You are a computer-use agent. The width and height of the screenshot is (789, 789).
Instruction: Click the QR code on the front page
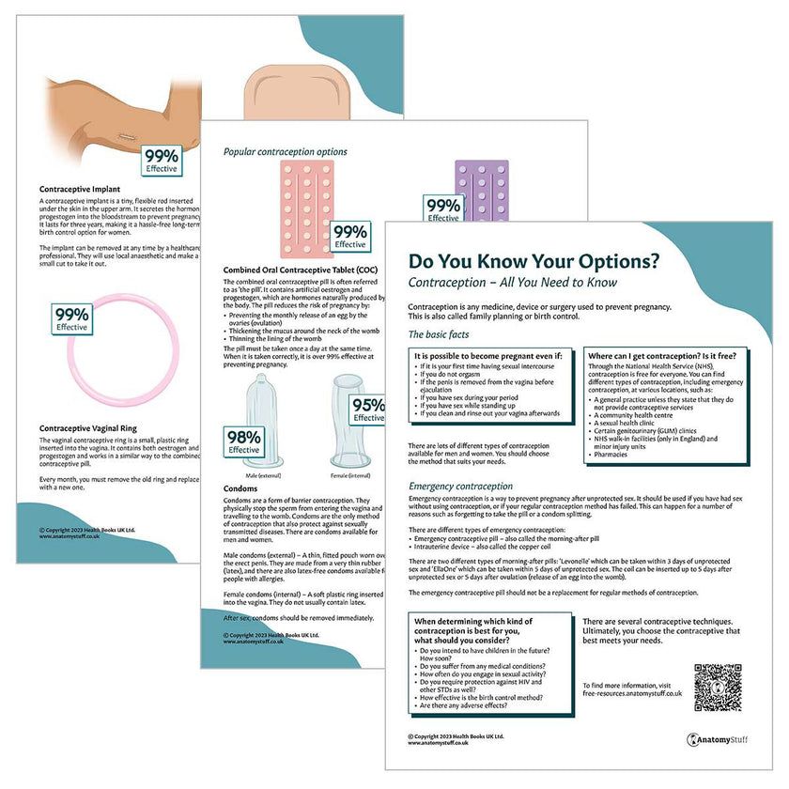tap(718, 687)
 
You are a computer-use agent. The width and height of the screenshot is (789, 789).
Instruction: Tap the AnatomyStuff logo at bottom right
tap(722, 739)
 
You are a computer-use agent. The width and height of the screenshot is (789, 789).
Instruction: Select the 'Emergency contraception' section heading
tap(461, 486)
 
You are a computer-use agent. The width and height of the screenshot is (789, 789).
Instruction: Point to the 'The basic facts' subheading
tap(441, 335)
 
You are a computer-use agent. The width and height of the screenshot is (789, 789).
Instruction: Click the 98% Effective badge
tap(243, 441)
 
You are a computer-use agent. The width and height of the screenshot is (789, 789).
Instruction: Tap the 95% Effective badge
tap(368, 410)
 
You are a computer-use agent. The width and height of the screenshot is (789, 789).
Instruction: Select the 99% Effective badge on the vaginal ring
tap(71, 320)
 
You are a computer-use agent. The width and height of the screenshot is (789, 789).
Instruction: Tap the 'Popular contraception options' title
tap(285, 151)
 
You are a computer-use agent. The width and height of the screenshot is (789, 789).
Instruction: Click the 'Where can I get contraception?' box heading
tap(661, 357)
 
